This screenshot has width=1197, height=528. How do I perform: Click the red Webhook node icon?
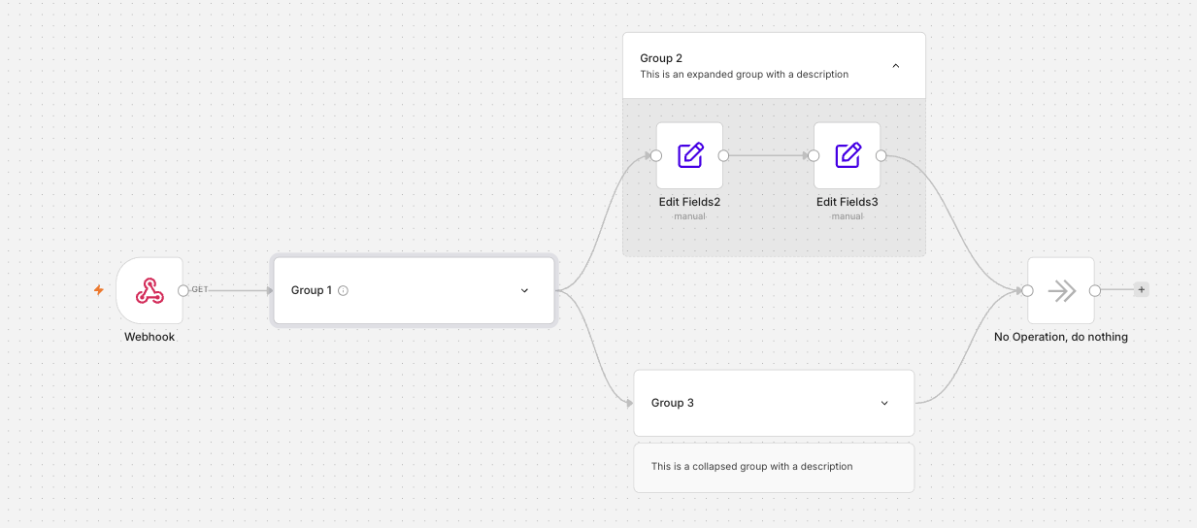point(150,291)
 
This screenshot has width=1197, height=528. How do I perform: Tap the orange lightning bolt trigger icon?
point(99,290)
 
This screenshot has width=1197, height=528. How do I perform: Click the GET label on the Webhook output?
point(200,289)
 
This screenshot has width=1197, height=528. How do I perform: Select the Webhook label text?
point(150,337)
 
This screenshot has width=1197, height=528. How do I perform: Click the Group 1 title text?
point(312,290)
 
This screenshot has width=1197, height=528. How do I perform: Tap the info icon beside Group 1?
point(343,291)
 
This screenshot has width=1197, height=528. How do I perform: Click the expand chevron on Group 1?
point(525,291)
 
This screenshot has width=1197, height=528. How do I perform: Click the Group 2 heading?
point(661,58)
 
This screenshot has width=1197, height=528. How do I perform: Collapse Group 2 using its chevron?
point(896,66)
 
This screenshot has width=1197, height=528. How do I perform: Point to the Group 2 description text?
point(745,75)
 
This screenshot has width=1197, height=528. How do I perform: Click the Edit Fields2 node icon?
point(690,155)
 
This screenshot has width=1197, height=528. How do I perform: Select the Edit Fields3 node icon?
point(848,155)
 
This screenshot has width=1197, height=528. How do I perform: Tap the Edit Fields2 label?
point(689,202)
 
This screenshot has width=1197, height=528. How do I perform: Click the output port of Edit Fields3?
point(881,156)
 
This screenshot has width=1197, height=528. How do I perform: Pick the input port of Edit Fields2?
point(656,156)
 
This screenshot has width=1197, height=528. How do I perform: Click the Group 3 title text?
point(672,403)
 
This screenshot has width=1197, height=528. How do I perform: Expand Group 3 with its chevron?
point(884,403)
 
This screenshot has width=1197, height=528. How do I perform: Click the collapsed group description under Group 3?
point(751,467)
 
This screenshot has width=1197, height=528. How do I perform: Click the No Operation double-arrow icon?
point(1062,291)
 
